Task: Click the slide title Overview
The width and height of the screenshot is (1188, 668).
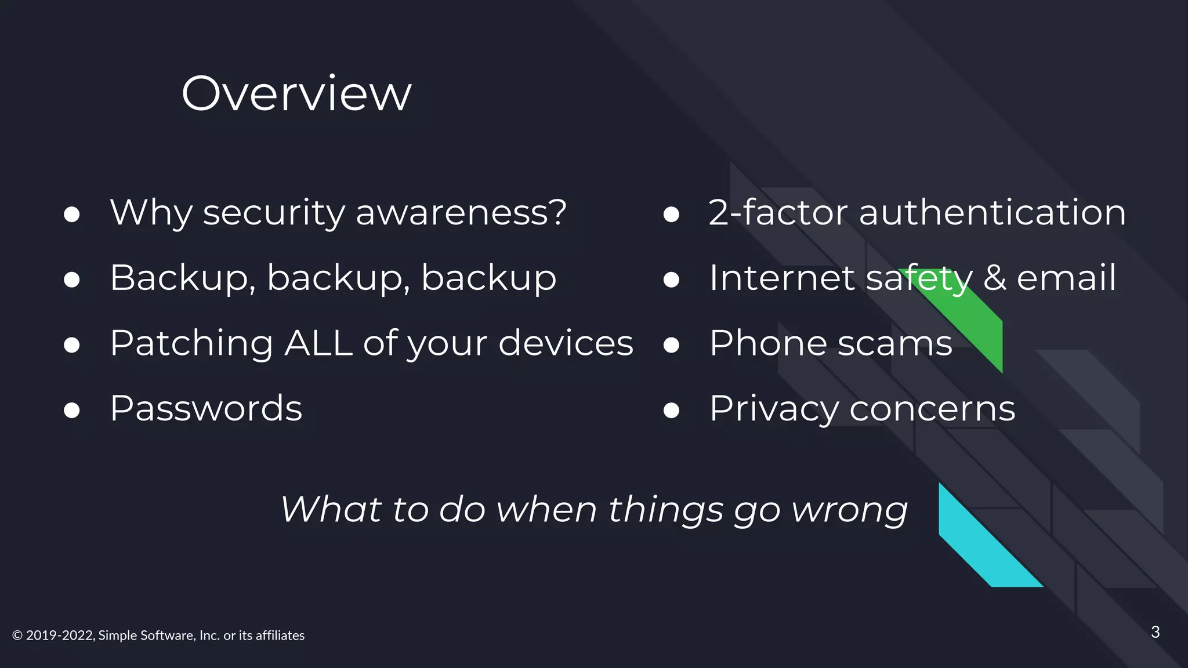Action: (296, 93)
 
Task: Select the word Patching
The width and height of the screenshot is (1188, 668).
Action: (191, 343)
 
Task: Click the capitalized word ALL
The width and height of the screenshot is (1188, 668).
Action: (318, 343)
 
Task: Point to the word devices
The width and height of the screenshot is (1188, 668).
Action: (566, 343)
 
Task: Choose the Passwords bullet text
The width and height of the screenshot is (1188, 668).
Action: (206, 408)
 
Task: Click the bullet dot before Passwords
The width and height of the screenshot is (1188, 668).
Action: (72, 411)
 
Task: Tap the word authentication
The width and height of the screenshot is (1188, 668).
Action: (992, 212)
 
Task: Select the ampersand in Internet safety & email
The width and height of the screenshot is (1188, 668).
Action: (995, 278)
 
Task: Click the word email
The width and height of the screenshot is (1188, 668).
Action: (1066, 278)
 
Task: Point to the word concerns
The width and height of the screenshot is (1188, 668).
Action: (932, 409)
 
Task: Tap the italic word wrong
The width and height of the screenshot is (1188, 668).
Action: (849, 510)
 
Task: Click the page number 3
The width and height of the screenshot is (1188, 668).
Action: (1155, 632)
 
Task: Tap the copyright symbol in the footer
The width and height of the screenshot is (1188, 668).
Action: (17, 636)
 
